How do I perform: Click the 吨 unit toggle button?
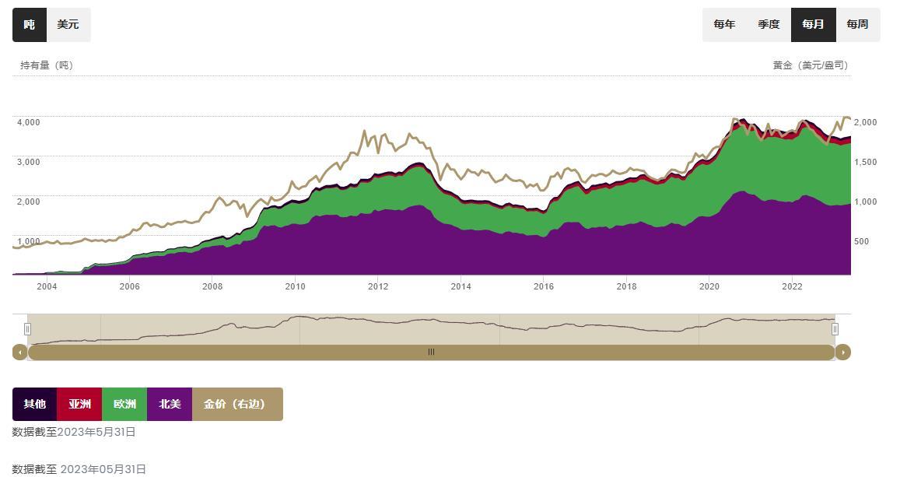click(x=30, y=25)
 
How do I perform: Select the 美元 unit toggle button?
click(x=68, y=25)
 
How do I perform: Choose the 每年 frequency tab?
click(x=724, y=24)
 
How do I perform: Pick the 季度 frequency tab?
click(x=769, y=24)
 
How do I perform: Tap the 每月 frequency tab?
click(x=813, y=24)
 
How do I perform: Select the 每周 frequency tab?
click(x=857, y=24)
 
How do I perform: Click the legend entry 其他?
click(x=34, y=404)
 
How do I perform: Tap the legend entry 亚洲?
click(x=79, y=404)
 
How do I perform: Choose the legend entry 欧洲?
click(x=124, y=404)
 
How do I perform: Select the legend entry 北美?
click(x=170, y=404)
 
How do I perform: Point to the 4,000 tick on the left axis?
click(x=28, y=122)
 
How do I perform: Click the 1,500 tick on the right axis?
click(x=866, y=162)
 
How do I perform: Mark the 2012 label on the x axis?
click(x=378, y=286)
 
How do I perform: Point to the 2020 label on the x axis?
click(x=709, y=286)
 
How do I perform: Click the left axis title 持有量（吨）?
click(x=47, y=65)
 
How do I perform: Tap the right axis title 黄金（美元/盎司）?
click(x=810, y=65)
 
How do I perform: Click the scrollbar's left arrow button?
click(x=20, y=352)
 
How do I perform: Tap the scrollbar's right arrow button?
click(x=842, y=352)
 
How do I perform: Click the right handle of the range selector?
click(x=835, y=329)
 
